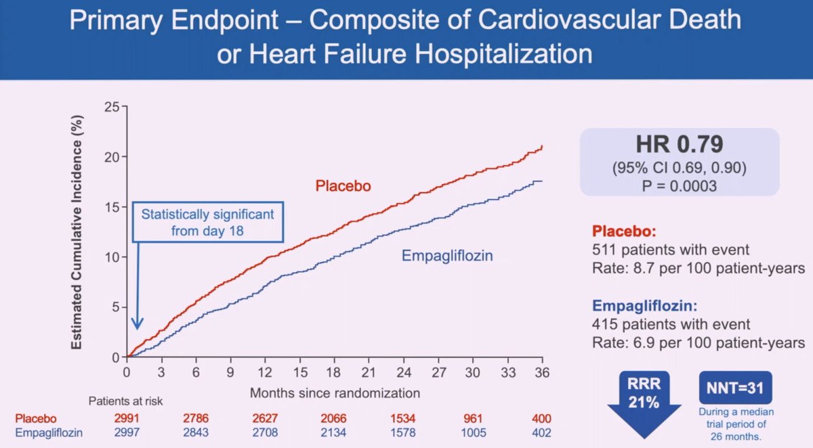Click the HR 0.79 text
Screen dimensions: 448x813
[680, 145]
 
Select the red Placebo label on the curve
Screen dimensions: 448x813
[343, 185]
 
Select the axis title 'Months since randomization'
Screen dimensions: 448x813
[335, 393]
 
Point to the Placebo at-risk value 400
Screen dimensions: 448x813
[541, 419]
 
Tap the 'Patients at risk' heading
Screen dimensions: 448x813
[125, 401]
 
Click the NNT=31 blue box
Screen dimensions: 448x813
[735, 388]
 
